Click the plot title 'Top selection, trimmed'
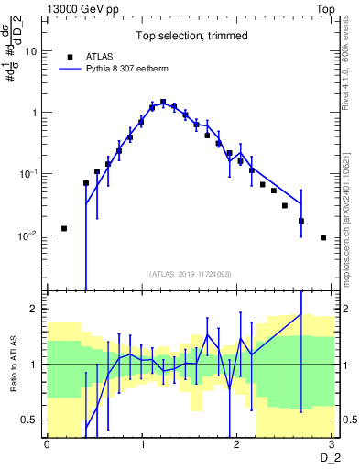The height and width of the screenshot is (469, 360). (189, 37)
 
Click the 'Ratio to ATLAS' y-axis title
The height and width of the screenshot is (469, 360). (13, 365)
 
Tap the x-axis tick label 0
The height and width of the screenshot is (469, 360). (47, 444)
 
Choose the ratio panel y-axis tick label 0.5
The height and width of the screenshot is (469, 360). (31, 420)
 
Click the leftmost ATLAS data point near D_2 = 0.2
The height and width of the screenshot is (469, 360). (64, 228)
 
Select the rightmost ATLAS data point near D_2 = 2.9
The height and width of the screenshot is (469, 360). (323, 237)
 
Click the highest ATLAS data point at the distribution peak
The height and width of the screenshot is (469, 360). (163, 102)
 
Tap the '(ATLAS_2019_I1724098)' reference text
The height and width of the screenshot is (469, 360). (189, 274)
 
